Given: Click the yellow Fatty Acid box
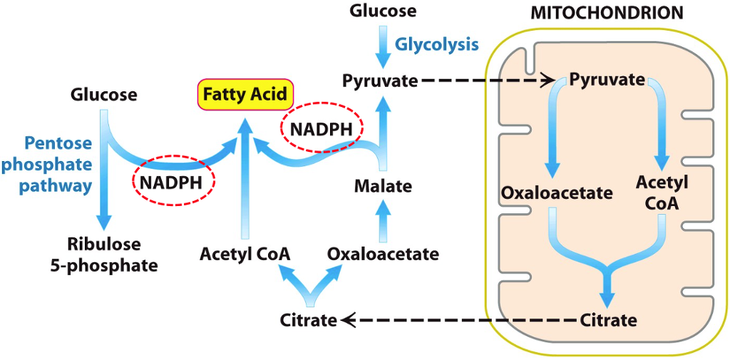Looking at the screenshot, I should click(245, 94).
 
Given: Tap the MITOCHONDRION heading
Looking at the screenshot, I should click(607, 13).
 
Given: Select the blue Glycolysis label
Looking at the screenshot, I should click(437, 44).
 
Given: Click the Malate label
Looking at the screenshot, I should click(383, 187).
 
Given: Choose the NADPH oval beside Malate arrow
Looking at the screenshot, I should click(321, 129).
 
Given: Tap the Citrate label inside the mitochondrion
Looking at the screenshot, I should click(607, 319).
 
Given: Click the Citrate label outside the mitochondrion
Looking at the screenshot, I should click(308, 320).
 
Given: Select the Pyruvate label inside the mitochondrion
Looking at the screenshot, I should click(607, 80).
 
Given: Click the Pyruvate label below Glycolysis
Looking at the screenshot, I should click(380, 81).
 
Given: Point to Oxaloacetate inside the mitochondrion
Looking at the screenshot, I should click(557, 192).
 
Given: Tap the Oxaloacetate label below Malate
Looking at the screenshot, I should click(383, 254).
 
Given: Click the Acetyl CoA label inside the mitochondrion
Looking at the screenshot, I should click(662, 192).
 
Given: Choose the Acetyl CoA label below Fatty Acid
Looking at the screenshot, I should click(245, 254).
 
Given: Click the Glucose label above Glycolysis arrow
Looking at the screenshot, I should click(383, 11).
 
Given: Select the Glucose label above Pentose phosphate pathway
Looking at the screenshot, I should click(104, 94).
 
